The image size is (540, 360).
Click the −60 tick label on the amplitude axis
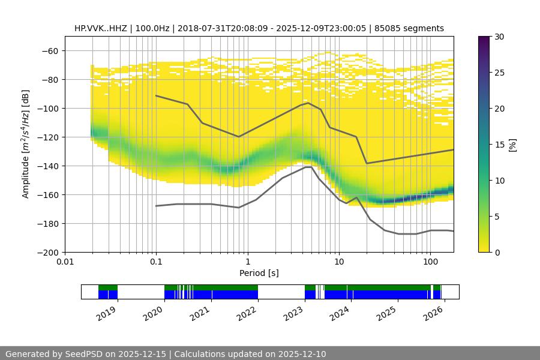[x=50, y=51]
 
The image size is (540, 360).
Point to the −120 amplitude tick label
[x=48, y=137]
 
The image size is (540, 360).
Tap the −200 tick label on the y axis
[x=48, y=253]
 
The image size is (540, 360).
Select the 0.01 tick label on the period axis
[x=65, y=262]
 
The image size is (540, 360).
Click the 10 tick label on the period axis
[x=339, y=262]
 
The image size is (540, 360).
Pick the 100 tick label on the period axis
[x=430, y=262]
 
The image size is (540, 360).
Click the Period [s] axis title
[x=259, y=273]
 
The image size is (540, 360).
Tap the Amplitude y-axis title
[x=26, y=144]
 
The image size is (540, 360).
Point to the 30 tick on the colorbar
[x=499, y=37]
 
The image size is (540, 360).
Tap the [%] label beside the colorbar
[x=512, y=145]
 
